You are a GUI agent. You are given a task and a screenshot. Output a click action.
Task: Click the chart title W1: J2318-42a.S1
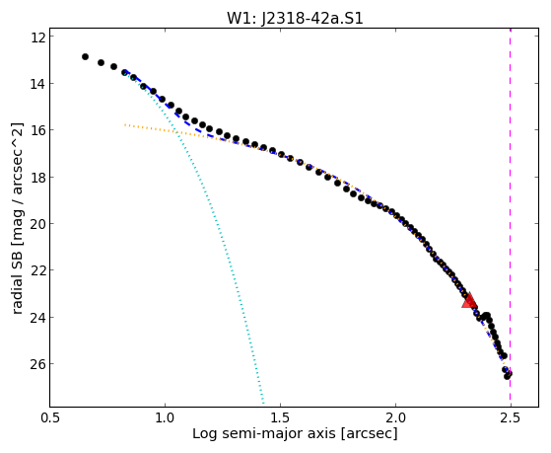tap(295, 18)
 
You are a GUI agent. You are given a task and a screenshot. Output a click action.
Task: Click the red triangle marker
tap(469, 300)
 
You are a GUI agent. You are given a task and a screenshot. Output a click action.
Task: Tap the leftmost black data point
tap(85, 56)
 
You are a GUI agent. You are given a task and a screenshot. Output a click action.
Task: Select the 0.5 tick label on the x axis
tap(50, 417)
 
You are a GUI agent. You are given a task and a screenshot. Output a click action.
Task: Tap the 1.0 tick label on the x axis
tap(165, 417)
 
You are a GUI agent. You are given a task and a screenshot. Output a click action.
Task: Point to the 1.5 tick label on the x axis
tap(280, 417)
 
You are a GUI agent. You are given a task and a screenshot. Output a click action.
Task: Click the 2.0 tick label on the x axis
tap(395, 417)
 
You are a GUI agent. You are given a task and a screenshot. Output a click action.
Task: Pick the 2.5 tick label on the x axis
tap(511, 417)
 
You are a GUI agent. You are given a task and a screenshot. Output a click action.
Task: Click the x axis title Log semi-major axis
tap(264, 434)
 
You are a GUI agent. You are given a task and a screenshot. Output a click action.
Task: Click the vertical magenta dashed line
tap(511, 217)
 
